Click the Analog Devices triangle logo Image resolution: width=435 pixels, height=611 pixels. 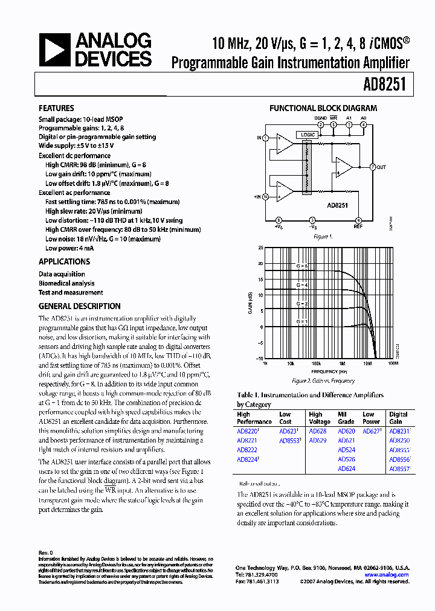click(56, 50)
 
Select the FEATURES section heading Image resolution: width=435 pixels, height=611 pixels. click(56, 108)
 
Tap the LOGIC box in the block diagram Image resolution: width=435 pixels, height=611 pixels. click(307, 135)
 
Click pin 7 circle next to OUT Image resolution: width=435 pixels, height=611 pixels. click(372, 167)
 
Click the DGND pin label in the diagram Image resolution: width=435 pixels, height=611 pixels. click(320, 118)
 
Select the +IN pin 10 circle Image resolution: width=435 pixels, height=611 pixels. click(266, 196)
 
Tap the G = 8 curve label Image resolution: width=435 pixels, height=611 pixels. click(301, 266)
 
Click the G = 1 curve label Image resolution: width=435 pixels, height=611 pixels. click(301, 322)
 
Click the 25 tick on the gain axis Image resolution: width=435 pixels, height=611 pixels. click(260, 248)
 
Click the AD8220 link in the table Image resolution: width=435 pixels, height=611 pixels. click(247, 432)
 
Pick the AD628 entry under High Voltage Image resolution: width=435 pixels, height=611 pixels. click(317, 432)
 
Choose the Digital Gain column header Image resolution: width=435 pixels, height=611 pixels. click(399, 418)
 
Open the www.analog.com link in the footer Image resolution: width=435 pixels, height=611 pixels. click(390, 575)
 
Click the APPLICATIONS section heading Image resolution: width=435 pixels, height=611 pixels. click(64, 261)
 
